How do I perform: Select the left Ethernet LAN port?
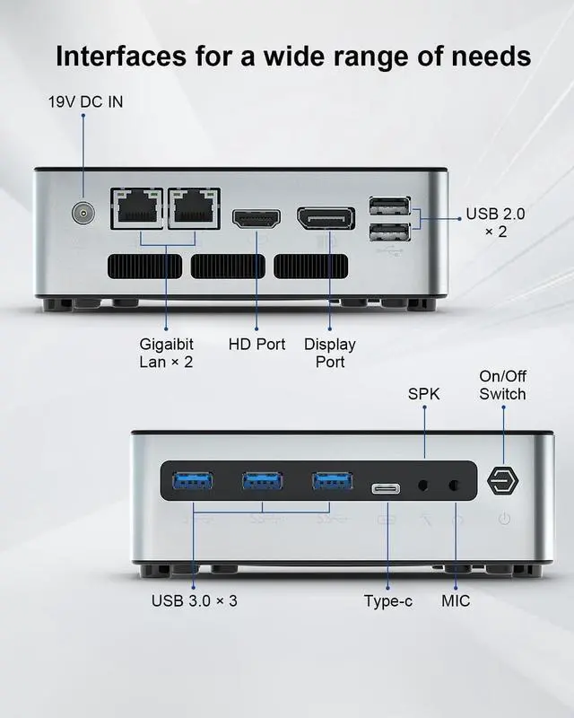[138, 210]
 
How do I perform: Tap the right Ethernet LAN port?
[194, 210]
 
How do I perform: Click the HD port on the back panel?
[257, 218]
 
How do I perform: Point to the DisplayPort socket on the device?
[326, 218]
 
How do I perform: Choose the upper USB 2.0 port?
[388, 206]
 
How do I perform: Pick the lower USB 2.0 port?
[388, 232]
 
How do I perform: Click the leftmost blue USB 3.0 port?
[193, 481]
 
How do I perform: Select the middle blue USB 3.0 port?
[263, 481]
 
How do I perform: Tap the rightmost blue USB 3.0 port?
[332, 481]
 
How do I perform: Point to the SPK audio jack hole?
[425, 486]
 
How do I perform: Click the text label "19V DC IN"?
[85, 101]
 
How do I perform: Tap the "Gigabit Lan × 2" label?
[166, 353]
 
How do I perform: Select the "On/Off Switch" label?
[502, 385]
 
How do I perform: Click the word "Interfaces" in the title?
[126, 56]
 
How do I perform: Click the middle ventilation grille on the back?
[228, 267]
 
